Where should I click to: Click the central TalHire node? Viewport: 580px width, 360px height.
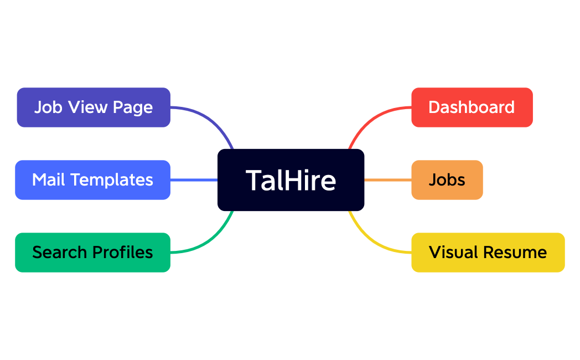pyautogui.click(x=291, y=180)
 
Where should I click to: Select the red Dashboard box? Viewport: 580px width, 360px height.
pyautogui.click(x=472, y=107)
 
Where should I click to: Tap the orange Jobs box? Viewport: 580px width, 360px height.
pyautogui.click(x=447, y=180)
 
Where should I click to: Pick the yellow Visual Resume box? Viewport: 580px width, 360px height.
pyautogui.click(x=488, y=253)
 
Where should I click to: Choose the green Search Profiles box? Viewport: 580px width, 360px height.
pyautogui.click(x=92, y=253)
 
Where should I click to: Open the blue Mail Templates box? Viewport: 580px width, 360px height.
pyautogui.click(x=92, y=180)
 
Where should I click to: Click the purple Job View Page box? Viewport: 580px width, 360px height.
pyautogui.click(x=94, y=107)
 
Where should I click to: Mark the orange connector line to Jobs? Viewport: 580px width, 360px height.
pyautogui.click(x=387, y=180)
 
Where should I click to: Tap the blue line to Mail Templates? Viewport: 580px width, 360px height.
pyautogui.click(x=194, y=180)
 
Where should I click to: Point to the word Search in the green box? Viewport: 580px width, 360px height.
pyautogui.click(x=60, y=253)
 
